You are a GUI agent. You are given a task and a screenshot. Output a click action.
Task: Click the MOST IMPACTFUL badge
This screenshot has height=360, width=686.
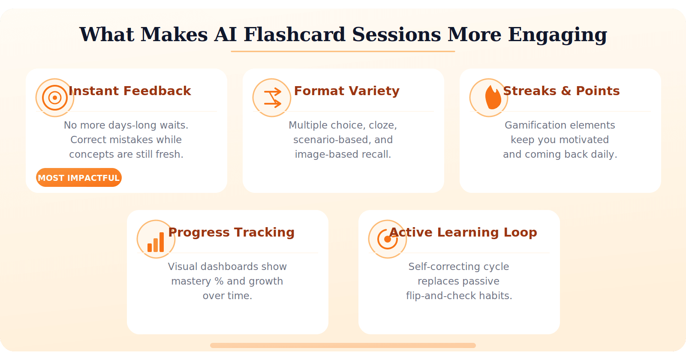pyautogui.click(x=79, y=178)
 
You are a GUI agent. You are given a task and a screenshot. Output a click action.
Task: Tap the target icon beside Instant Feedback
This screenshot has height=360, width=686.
pyautogui.click(x=55, y=98)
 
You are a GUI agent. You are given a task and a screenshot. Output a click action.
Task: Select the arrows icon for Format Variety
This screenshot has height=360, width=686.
pyautogui.click(x=272, y=98)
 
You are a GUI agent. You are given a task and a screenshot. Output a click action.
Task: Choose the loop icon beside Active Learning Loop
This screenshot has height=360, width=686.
pyautogui.click(x=388, y=239)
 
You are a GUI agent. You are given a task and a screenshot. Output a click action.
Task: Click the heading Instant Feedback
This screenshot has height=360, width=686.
pyautogui.click(x=130, y=91)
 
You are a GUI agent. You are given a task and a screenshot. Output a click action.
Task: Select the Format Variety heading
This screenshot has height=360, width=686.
pyautogui.click(x=346, y=91)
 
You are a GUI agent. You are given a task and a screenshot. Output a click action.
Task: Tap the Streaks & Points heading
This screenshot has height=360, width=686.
pyautogui.click(x=561, y=91)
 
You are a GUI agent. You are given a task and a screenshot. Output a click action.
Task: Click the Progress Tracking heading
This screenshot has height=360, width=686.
pyautogui.click(x=232, y=232)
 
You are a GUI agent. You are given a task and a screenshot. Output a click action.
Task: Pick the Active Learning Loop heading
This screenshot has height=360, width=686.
pyautogui.click(x=463, y=232)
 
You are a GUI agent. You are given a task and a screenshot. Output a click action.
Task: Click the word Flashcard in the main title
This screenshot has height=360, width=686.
pyautogui.click(x=294, y=34)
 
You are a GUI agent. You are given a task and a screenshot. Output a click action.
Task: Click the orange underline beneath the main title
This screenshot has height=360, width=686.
pyautogui.click(x=343, y=51)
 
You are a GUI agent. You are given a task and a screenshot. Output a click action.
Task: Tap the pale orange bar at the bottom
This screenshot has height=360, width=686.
pyautogui.click(x=343, y=345)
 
